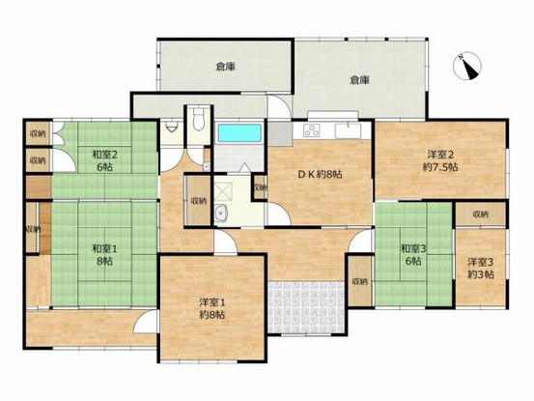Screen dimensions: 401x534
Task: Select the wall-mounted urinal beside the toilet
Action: pos(171,126)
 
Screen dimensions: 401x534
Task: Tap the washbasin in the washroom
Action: pos(220,215)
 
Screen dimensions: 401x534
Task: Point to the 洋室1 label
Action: pos(211,301)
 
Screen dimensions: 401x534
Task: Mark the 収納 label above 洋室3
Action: pos(481,214)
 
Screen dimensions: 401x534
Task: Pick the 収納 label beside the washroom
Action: pos(198,200)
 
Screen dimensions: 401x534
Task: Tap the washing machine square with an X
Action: pos(221,190)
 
